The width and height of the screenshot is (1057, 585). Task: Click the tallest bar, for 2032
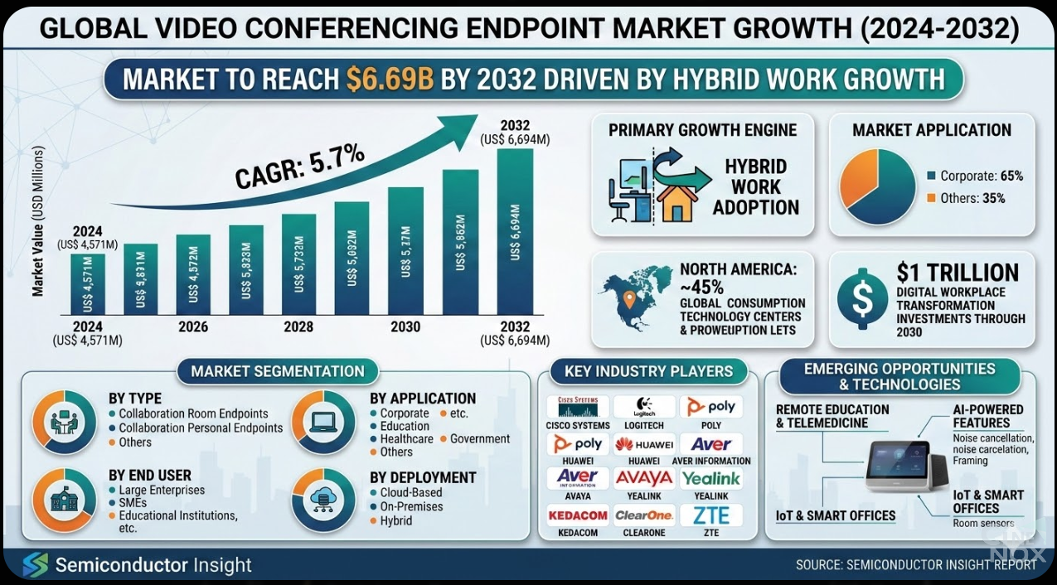tap(515, 232)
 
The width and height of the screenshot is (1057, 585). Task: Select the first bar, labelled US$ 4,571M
tap(88, 284)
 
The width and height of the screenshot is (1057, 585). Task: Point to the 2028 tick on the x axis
tap(298, 326)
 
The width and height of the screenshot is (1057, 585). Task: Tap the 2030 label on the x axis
tap(405, 326)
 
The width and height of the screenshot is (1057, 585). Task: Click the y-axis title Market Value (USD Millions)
tap(37, 221)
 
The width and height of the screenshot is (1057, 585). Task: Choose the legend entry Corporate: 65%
tap(977, 176)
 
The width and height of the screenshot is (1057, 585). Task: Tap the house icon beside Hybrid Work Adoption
tap(675, 201)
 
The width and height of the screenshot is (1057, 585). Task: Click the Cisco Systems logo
tap(578, 407)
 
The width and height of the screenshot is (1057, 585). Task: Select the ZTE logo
tap(711, 515)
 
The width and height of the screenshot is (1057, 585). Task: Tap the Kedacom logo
tap(578, 515)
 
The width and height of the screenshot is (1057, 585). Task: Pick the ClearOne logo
tap(644, 515)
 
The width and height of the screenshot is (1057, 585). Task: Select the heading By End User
tap(150, 476)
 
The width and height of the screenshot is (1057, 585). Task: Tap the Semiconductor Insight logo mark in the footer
tap(35, 566)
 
